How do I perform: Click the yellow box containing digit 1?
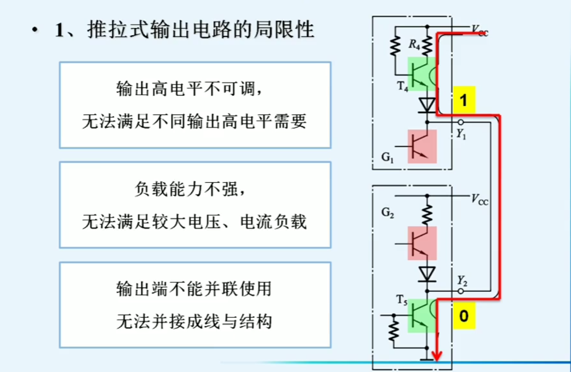pyautogui.click(x=464, y=100)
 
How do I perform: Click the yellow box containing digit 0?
pyautogui.click(x=464, y=316)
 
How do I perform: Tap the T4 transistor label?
pyautogui.click(x=402, y=87)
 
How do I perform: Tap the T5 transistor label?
pyautogui.click(x=402, y=300)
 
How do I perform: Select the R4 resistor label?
pyautogui.click(x=414, y=45)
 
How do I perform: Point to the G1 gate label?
pyautogui.click(x=387, y=157)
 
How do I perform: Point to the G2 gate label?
pyautogui.click(x=387, y=213)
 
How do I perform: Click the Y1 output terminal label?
pyautogui.click(x=461, y=133)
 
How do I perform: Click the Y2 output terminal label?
pyautogui.click(x=462, y=280)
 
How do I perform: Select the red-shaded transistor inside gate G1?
pyautogui.click(x=422, y=147)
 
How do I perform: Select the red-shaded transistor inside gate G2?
pyautogui.click(x=422, y=243)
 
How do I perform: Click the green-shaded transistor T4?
pyautogui.click(x=422, y=74)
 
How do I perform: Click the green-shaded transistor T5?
pyautogui.click(x=422, y=316)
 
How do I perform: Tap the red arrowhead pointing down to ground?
pyautogui.click(x=436, y=355)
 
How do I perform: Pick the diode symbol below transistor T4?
pyautogui.click(x=427, y=105)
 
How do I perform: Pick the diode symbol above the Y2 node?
pyautogui.click(x=427, y=274)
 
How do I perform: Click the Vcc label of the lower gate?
pyautogui.click(x=480, y=199)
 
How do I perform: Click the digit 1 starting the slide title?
pyautogui.click(x=59, y=30)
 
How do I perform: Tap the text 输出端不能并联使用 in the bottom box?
pyautogui.click(x=194, y=289)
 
